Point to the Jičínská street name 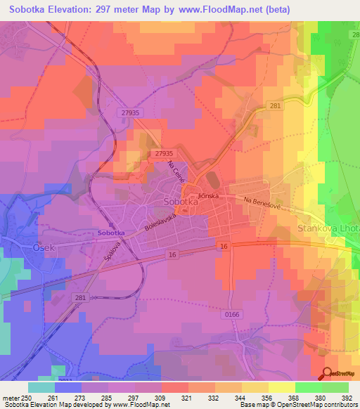pos(210,193)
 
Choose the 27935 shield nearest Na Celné pos(163,152)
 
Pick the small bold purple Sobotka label pos(110,232)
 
